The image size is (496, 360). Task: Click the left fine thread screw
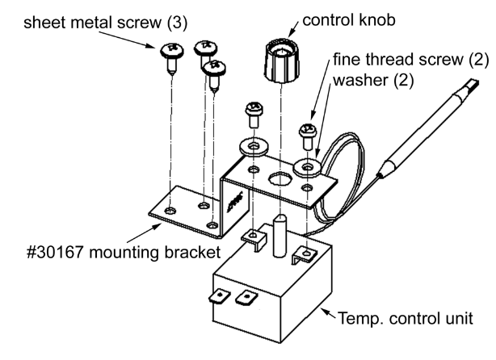250,113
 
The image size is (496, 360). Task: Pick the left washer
255,146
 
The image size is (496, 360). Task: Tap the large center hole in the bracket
283,178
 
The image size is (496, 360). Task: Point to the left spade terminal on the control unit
221,298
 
